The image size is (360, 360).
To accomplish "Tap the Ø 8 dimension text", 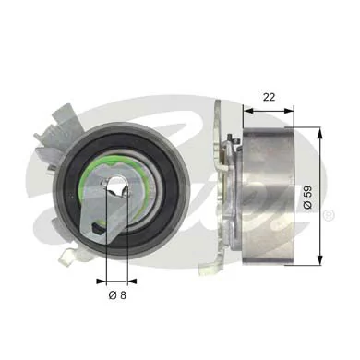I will point(114,295).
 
